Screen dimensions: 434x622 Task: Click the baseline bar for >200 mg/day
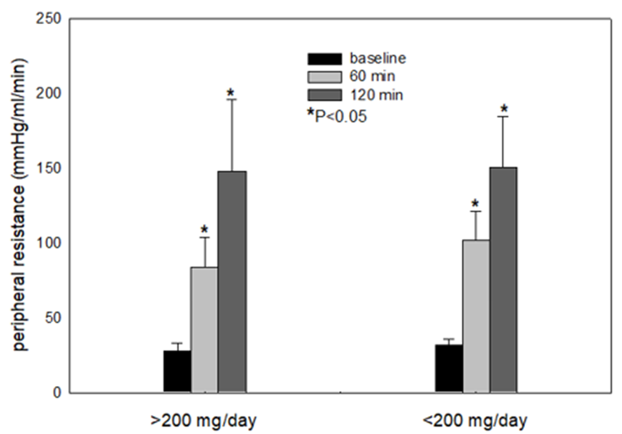[x=177, y=372]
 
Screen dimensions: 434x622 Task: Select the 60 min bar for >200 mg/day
[x=205, y=330]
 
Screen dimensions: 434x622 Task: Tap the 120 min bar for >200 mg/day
[x=232, y=282]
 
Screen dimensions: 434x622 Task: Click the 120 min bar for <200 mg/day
[x=503, y=280]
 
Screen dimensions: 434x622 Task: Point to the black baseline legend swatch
[x=323, y=59]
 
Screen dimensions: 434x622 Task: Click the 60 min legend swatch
[x=323, y=75]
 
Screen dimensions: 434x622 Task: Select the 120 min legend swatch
[x=323, y=93]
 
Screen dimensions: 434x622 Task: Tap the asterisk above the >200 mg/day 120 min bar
[x=231, y=92]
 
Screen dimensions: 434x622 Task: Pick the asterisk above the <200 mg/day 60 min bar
[x=476, y=204]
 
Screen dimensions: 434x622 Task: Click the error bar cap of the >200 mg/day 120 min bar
[x=232, y=99]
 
